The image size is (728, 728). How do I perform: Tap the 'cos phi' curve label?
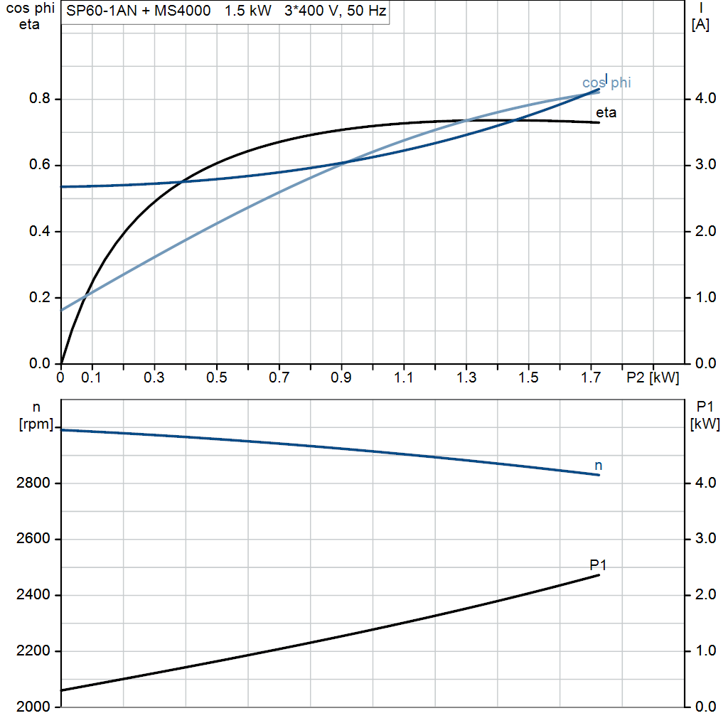[606, 83]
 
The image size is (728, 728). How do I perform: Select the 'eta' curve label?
[606, 112]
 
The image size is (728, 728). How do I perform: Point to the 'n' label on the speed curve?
[598, 465]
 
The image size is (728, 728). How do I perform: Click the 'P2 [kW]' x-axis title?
[652, 378]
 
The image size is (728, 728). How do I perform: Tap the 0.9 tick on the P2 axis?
[341, 378]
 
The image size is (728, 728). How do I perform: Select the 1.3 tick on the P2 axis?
[466, 378]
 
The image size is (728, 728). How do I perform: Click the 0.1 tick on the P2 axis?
[91, 378]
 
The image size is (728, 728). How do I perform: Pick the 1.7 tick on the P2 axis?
[591, 378]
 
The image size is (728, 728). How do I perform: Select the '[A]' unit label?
[700, 25]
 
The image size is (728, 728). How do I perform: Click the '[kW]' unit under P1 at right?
[705, 424]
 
